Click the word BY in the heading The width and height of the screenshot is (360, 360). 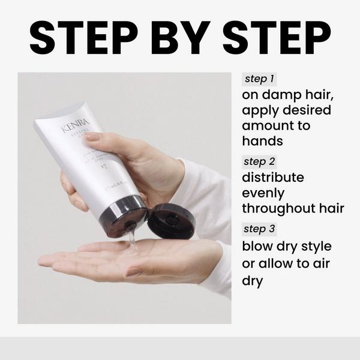point(179,38)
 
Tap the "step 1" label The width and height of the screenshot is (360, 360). point(259,79)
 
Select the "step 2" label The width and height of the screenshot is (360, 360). point(260,161)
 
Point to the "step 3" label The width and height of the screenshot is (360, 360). point(260,229)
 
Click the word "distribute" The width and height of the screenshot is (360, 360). point(273,178)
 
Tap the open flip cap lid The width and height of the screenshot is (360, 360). point(171,221)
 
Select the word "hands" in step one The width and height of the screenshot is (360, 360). point(263,141)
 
